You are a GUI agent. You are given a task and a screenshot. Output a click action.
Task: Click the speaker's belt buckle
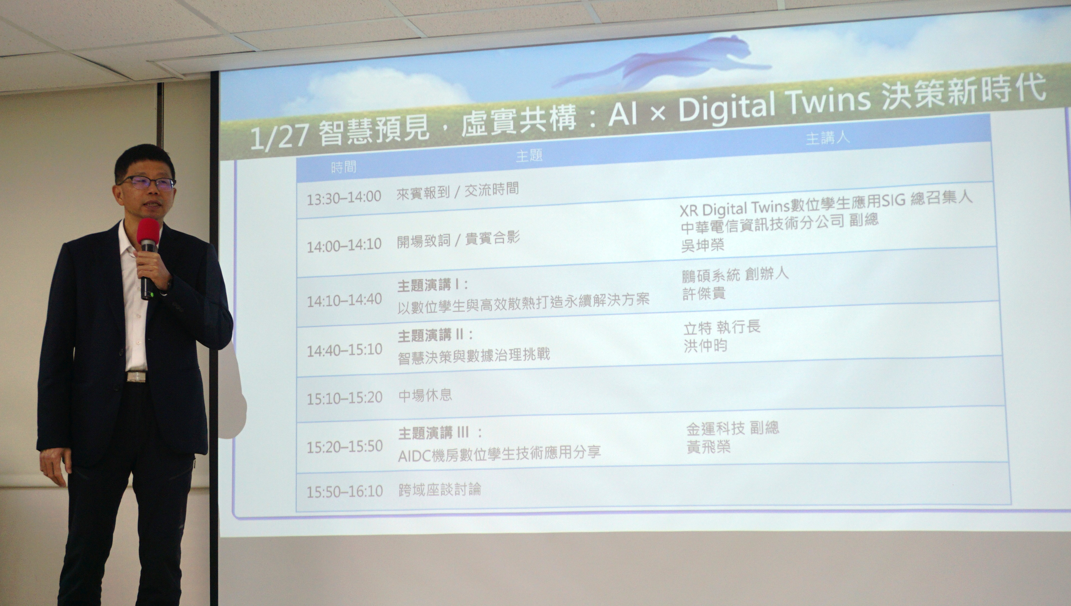pyautogui.click(x=136, y=377)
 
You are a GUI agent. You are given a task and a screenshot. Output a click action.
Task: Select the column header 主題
pyautogui.click(x=529, y=156)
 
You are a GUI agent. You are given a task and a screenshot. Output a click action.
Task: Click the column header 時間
pyautogui.click(x=344, y=167)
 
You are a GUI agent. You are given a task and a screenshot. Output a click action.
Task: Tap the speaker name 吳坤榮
pyautogui.click(x=703, y=245)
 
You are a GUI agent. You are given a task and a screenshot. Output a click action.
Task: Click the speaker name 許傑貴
pyautogui.click(x=704, y=293)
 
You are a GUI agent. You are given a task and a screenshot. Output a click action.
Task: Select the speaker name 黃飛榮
pyautogui.click(x=709, y=447)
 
